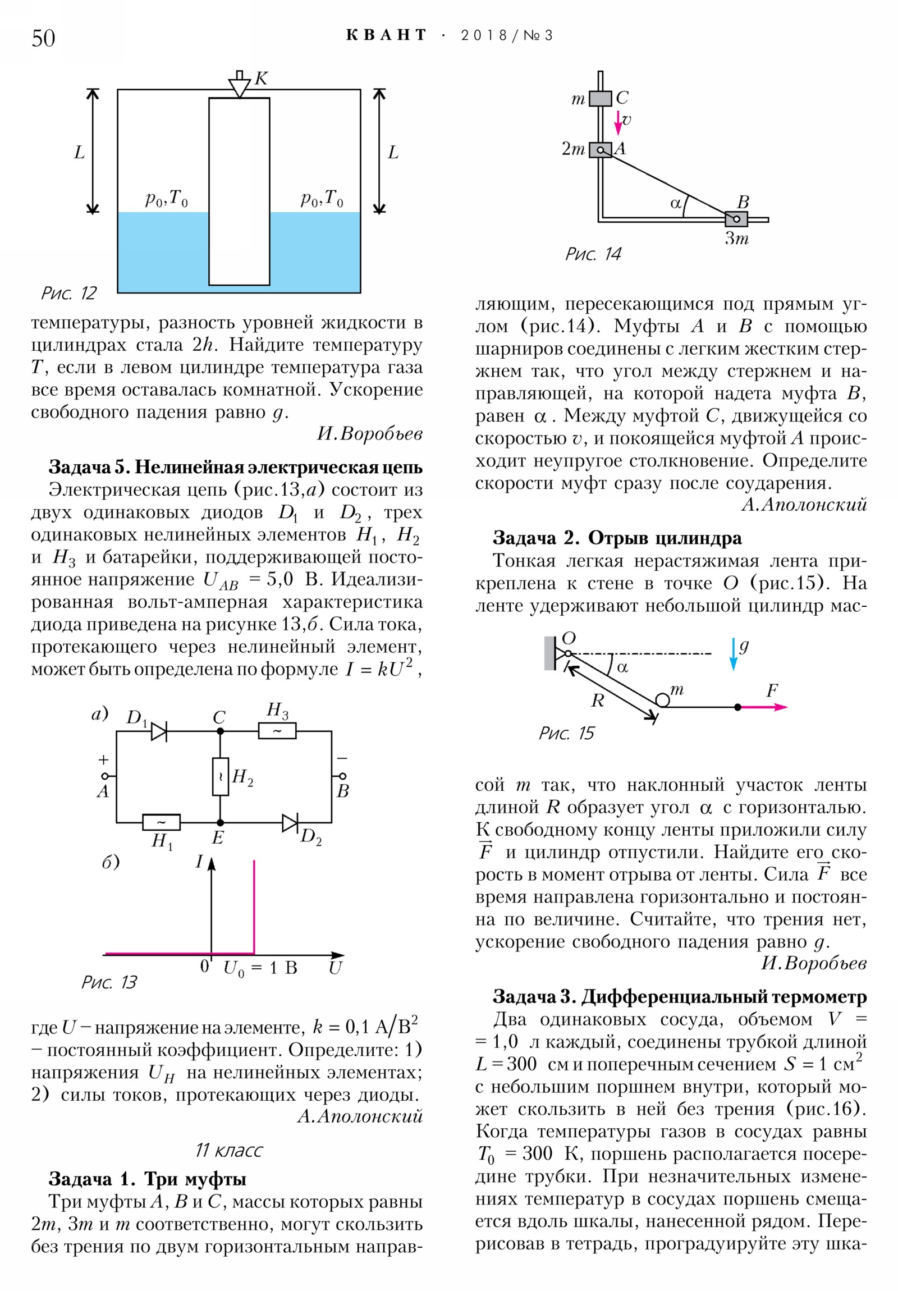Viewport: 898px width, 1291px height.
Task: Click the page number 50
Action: [43, 38]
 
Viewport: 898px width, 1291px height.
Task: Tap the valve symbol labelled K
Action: [240, 86]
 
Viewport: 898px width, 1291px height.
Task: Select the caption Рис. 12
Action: [68, 293]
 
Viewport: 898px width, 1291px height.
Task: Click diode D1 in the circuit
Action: [159, 731]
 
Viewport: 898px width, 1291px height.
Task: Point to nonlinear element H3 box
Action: [277, 731]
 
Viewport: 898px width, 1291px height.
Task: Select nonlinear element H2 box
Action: [221, 776]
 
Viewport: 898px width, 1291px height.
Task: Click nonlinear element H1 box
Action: [162, 822]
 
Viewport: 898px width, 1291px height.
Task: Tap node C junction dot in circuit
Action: [221, 731]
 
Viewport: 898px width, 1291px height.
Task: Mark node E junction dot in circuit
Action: [221, 822]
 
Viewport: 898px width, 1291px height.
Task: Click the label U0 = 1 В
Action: [260, 968]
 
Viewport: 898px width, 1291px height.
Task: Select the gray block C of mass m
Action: [600, 98]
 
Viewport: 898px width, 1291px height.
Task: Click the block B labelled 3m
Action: [736, 219]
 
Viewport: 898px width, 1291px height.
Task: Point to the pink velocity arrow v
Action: [618, 122]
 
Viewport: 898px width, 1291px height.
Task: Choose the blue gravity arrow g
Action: [733, 654]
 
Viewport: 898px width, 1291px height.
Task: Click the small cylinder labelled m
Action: [663, 699]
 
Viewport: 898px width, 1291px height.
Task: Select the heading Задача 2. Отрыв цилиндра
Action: [617, 538]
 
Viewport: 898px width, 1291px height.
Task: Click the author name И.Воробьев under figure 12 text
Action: [369, 433]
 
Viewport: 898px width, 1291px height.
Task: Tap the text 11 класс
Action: [229, 1151]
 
